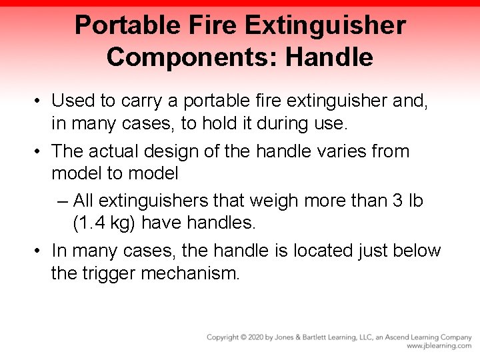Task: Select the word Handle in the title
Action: (329, 57)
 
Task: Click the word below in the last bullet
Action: (415, 251)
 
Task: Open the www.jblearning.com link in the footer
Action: (439, 347)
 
